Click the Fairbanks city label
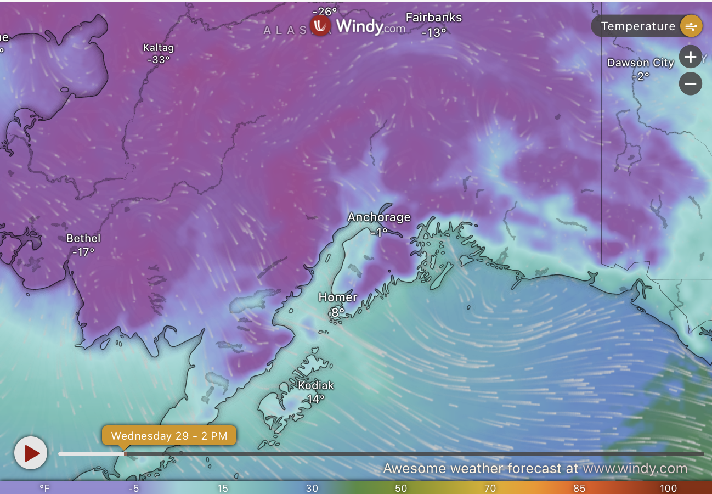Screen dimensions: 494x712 pos(433,18)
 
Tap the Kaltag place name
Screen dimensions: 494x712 pos(158,48)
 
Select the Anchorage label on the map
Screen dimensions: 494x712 pos(379,217)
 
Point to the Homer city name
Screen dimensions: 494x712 pos(338,297)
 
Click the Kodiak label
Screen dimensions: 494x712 pos(315,386)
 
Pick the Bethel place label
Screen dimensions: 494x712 pos(83,238)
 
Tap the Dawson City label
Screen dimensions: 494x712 pos(640,63)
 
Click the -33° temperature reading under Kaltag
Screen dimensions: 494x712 pos(158,60)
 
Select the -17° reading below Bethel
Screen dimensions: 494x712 pos(83,252)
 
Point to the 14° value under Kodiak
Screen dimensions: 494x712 pos(315,399)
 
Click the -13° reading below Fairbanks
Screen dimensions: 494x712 pos(433,33)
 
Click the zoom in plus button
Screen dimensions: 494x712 pos(691,57)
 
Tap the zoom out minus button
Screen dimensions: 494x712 pos(691,84)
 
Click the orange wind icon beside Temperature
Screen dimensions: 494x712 pos(691,26)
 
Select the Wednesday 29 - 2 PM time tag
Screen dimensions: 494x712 pos(169,436)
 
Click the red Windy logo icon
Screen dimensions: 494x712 pos(320,25)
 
